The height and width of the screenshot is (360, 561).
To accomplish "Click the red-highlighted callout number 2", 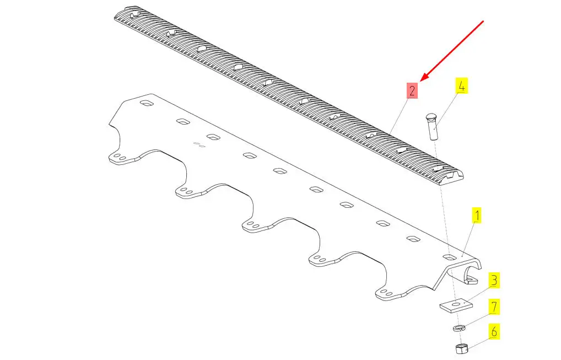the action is (412, 90).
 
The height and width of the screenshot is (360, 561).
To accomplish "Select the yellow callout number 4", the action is (462, 86).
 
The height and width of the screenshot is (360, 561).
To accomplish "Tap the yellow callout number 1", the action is (477, 215).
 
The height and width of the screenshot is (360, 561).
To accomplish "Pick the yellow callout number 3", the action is (494, 280).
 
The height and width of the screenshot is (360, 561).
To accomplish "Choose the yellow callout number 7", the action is (494, 307).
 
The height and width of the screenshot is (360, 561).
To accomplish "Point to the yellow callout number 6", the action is (494, 332).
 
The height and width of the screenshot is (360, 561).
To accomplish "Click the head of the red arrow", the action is (422, 79).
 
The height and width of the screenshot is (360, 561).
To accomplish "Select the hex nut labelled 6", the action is (461, 348).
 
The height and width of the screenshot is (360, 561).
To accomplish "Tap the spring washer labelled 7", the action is (458, 328).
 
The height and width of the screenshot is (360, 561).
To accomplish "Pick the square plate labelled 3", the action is (456, 305).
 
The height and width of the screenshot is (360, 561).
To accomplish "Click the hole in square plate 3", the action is (457, 304).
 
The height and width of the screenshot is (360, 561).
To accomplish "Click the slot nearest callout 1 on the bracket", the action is (449, 257).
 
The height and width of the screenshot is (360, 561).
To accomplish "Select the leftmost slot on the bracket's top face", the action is (147, 104).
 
